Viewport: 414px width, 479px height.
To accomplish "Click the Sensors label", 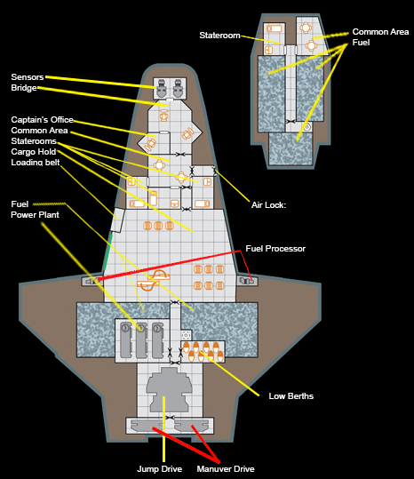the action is click(28, 77).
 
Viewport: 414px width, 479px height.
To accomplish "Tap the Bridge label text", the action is click(24, 88).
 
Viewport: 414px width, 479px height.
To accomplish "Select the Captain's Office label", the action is click(42, 120).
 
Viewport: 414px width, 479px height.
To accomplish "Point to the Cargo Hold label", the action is click(34, 152).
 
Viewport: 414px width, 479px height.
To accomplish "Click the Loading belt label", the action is click(36, 163).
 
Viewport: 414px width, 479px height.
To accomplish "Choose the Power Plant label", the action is click(36, 215).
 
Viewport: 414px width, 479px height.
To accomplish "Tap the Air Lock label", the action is click(268, 205).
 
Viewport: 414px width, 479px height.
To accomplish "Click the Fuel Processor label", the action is click(275, 249).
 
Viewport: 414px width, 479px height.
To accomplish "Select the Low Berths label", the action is click(291, 396).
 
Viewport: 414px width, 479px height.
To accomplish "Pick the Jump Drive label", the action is click(159, 469).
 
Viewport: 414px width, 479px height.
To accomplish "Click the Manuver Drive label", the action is click(226, 469).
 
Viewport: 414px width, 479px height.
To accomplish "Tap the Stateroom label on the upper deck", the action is click(219, 36).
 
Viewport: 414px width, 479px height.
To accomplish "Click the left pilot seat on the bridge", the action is click(162, 88).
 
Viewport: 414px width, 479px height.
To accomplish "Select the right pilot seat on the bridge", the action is click(178, 88).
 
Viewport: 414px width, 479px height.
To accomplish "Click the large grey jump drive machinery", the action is click(169, 389).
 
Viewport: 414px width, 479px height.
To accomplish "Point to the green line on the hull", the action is click(107, 251).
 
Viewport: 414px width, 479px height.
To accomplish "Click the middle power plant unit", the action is click(141, 340).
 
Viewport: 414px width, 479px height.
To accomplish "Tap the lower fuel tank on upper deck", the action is click(291, 149).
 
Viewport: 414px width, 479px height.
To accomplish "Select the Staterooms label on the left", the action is click(34, 141).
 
